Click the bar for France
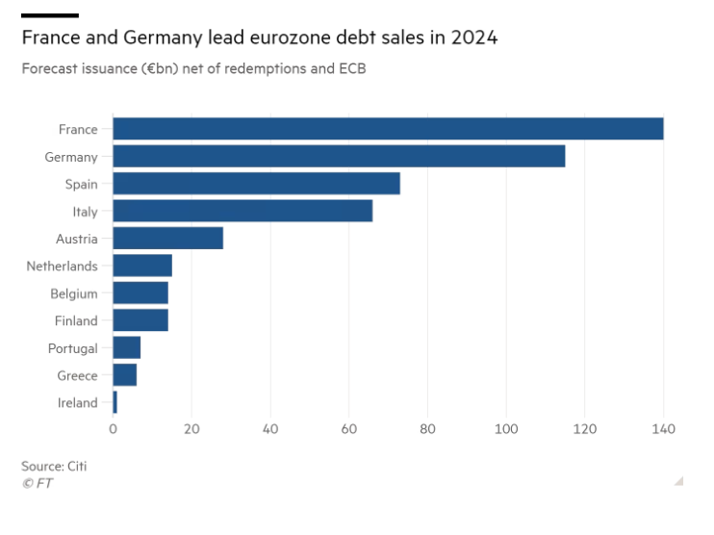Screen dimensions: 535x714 [388, 129]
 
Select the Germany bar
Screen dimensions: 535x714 [339, 156]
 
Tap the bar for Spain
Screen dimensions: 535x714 [256, 184]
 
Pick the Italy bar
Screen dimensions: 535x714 [242, 211]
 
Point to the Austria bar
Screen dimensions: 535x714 [167, 239]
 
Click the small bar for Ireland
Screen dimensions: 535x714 [115, 402]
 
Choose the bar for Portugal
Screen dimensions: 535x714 [127, 347]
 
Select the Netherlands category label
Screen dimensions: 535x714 [62, 266]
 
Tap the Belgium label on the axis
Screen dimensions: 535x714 [74, 293]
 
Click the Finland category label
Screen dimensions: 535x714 [76, 320]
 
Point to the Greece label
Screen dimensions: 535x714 [77, 375]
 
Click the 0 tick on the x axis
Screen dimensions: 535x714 [113, 428]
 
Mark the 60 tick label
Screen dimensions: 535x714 [348, 428]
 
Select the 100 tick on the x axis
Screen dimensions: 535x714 [505, 428]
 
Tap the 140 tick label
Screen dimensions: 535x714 [663, 428]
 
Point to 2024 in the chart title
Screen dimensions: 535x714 [472, 39]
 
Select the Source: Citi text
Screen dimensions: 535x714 [54, 466]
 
